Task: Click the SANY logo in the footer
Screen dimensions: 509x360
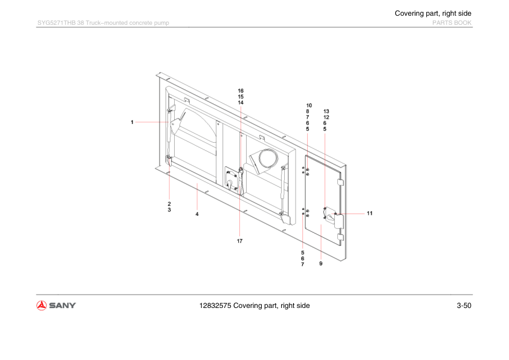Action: point(56,306)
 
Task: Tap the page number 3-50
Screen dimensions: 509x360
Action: point(464,306)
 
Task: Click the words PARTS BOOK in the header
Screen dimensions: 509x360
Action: point(452,23)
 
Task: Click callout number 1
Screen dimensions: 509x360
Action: point(132,122)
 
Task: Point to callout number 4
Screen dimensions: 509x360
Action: point(197,214)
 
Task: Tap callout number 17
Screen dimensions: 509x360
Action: point(239,241)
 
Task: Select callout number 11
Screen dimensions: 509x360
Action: point(369,214)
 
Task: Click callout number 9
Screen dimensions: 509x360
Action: point(321,264)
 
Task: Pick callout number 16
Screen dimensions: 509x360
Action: point(241,91)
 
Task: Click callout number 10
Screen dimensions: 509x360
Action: point(309,106)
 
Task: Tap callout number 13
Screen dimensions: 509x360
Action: point(326,111)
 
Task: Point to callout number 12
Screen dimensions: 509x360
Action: point(326,117)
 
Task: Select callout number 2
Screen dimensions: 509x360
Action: point(169,204)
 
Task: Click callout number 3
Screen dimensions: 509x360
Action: point(169,210)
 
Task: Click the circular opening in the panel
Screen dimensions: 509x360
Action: point(268,159)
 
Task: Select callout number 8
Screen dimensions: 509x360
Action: point(308,111)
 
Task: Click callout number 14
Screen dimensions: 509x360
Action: point(241,103)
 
